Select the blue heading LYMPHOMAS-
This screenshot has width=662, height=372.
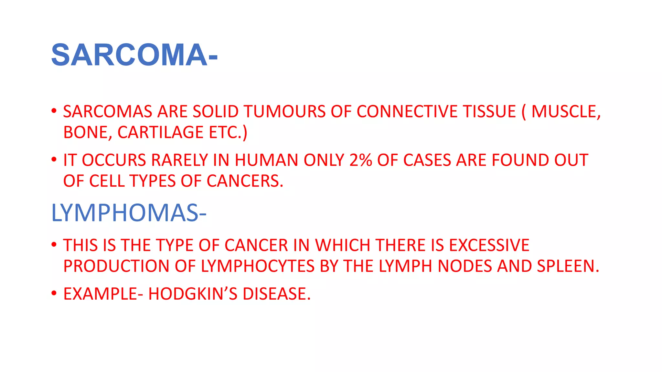pyautogui.click(x=129, y=213)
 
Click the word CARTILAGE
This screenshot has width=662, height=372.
pyautogui.click(x=160, y=132)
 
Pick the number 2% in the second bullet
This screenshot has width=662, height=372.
pyautogui.click(x=360, y=160)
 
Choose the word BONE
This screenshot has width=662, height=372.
pyautogui.click(x=85, y=132)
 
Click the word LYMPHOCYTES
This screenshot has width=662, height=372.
pyautogui.click(x=258, y=266)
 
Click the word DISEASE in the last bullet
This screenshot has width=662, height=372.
pyautogui.click(x=276, y=294)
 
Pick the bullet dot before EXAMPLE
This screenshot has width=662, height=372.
pyautogui.click(x=54, y=293)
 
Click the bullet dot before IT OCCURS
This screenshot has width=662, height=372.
pyautogui.click(x=54, y=160)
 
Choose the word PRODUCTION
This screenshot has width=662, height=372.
pyautogui.click(x=116, y=266)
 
